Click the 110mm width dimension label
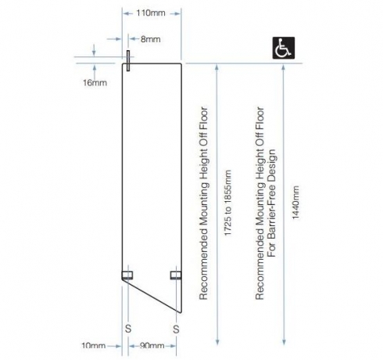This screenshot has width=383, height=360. [x=151, y=13]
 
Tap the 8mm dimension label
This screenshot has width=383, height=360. [x=151, y=39]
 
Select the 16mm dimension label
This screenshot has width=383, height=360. [x=95, y=83]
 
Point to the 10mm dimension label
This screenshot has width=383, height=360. [x=94, y=346]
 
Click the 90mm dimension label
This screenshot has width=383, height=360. [x=152, y=346]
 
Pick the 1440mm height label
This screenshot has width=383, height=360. [x=295, y=203]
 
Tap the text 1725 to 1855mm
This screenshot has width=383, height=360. [x=227, y=203]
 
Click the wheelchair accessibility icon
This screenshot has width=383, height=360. [x=284, y=48]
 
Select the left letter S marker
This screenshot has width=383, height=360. [x=128, y=329]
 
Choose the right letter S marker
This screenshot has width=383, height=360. [x=176, y=329]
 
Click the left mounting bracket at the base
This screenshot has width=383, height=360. [x=127, y=275]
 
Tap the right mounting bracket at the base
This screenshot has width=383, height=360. [x=176, y=275]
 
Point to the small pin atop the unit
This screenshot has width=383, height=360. [x=128, y=60]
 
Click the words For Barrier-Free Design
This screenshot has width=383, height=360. [x=271, y=203]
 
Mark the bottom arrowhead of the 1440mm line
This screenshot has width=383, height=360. [x=284, y=342]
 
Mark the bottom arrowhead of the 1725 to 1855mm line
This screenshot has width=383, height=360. [x=217, y=342]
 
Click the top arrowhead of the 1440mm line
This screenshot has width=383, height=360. [x=284, y=67]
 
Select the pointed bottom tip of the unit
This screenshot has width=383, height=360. [x=181, y=312]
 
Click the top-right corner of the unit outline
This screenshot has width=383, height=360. [x=181, y=63]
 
